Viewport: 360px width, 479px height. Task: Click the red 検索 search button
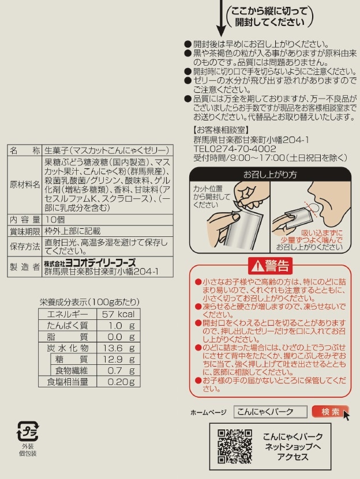pos(330,412)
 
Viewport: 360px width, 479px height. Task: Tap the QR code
pos(235,446)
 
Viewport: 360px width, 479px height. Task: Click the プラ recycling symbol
pos(28,431)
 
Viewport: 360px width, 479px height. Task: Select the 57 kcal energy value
pos(118,314)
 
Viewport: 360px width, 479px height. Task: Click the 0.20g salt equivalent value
pos(121,382)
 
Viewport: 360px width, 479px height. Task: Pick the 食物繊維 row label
pos(72,370)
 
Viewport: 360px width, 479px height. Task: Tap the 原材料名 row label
pos(25,185)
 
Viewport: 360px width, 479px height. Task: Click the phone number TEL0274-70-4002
pos(235,149)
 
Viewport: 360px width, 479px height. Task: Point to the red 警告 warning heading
pos(270,266)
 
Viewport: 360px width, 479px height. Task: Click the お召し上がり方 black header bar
pos(270,175)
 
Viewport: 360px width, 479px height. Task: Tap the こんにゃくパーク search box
pos(270,412)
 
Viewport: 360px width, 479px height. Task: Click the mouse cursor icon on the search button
pos(346,416)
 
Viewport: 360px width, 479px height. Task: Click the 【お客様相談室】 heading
pos(222,130)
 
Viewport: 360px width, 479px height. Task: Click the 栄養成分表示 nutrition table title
pos(89,302)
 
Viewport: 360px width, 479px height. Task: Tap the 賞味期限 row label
pos(25,231)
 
